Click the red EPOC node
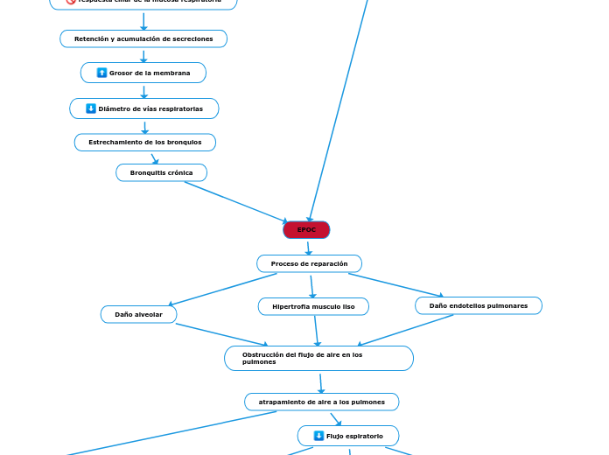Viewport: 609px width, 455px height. pos(306,230)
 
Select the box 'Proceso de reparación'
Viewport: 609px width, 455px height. pos(309,263)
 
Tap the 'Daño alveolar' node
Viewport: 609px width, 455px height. pos(138,314)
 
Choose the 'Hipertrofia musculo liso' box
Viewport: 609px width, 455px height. pos(313,307)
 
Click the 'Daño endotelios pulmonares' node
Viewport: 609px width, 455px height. pos(478,305)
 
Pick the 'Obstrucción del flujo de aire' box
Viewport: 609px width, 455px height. pos(318,358)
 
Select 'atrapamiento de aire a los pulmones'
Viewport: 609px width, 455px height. pos(321,402)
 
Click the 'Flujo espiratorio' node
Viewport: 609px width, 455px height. pos(348,436)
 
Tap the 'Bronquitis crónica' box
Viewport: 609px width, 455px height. pos(161,172)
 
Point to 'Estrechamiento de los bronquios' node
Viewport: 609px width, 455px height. pos(144,142)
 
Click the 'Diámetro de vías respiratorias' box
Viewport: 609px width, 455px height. pos(144,108)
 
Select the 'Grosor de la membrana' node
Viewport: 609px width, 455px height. pos(143,73)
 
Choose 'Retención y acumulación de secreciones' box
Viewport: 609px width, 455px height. pos(143,38)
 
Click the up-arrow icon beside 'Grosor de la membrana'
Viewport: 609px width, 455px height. pos(102,73)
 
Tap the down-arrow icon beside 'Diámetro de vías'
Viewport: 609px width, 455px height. pos(91,108)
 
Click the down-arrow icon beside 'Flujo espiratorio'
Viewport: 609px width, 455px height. pos(318,436)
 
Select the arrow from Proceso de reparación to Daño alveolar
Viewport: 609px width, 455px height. pos(223,290)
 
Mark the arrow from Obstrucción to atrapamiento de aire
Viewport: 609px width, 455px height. pos(321,382)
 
